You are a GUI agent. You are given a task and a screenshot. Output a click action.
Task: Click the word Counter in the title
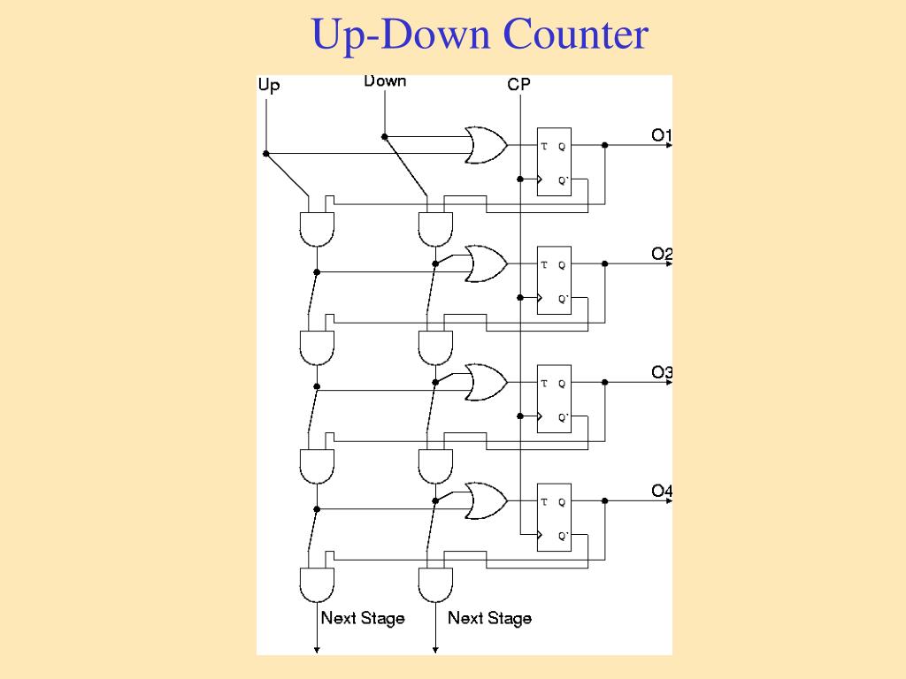click(x=576, y=35)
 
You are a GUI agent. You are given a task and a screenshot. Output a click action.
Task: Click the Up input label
click(x=269, y=86)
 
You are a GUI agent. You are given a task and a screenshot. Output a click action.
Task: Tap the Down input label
click(x=385, y=81)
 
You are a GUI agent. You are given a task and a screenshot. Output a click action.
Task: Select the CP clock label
click(x=519, y=85)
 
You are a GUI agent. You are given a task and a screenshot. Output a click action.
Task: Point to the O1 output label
click(x=662, y=135)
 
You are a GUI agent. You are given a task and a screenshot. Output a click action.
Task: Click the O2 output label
click(x=662, y=254)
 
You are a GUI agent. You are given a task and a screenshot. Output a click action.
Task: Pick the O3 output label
click(x=662, y=372)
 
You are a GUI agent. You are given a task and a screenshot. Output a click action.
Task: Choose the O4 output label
click(x=662, y=491)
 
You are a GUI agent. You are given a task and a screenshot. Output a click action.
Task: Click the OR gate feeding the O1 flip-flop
click(x=485, y=145)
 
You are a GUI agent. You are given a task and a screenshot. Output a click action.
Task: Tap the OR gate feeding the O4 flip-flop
click(x=485, y=500)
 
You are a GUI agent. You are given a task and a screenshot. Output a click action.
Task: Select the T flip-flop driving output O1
click(x=555, y=161)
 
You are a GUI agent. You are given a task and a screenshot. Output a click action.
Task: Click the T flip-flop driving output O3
click(x=555, y=398)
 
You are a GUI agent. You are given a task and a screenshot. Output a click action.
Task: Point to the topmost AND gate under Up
click(x=317, y=228)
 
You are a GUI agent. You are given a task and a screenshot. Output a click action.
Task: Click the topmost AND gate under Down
click(x=435, y=228)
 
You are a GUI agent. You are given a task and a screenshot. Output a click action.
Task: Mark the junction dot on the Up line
click(x=266, y=153)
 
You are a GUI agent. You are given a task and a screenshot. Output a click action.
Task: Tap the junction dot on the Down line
click(x=385, y=136)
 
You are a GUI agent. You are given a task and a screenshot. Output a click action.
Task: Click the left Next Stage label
click(x=363, y=618)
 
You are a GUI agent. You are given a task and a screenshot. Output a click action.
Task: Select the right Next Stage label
click(x=489, y=618)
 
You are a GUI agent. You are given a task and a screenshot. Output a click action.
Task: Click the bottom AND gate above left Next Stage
click(x=317, y=584)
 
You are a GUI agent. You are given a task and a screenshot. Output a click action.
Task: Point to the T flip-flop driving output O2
click(x=555, y=279)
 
